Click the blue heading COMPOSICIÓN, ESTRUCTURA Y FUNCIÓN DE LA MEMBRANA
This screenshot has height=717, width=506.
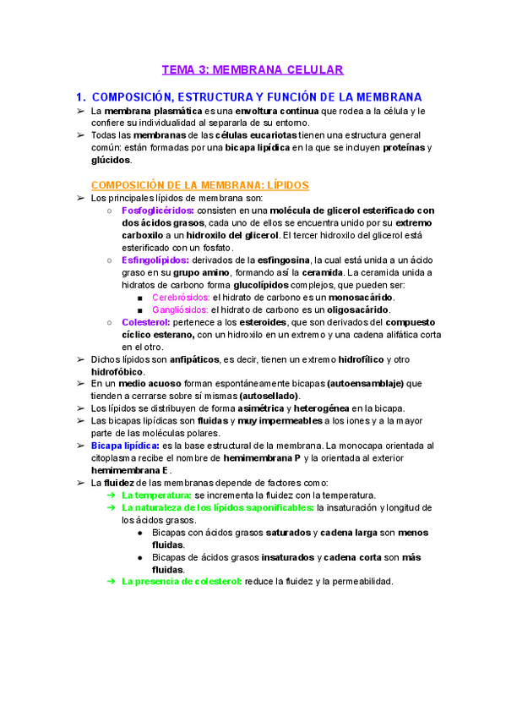click(x=257, y=97)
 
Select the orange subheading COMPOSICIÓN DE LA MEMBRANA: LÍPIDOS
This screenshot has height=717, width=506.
click(x=199, y=184)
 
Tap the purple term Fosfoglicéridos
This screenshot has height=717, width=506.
click(x=158, y=211)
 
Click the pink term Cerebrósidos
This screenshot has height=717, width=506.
click(x=181, y=298)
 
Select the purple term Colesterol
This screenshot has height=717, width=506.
click(x=146, y=322)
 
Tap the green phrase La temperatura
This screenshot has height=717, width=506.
click(x=156, y=495)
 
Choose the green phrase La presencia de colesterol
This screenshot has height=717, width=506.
click(x=182, y=582)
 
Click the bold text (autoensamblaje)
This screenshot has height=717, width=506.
click(x=365, y=384)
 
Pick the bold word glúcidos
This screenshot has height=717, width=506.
click(x=111, y=160)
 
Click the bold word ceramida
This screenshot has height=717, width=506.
click(x=322, y=273)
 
